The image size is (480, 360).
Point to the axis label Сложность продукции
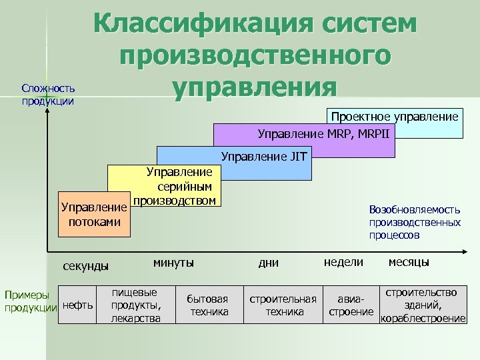point(47,95)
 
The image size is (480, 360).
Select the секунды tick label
point(85,266)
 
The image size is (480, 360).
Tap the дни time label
point(269,263)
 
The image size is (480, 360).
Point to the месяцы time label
point(409,262)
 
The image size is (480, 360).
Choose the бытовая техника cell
point(208,305)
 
